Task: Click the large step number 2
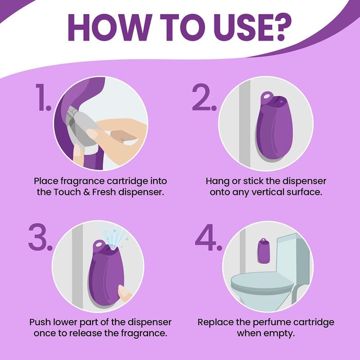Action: pos(204,97)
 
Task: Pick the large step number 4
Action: pos(208,238)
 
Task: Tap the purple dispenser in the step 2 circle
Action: pos(274,126)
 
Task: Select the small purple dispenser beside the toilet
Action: pos(264,251)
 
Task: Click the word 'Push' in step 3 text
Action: pos(40,322)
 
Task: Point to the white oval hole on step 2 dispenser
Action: pos(266,96)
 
